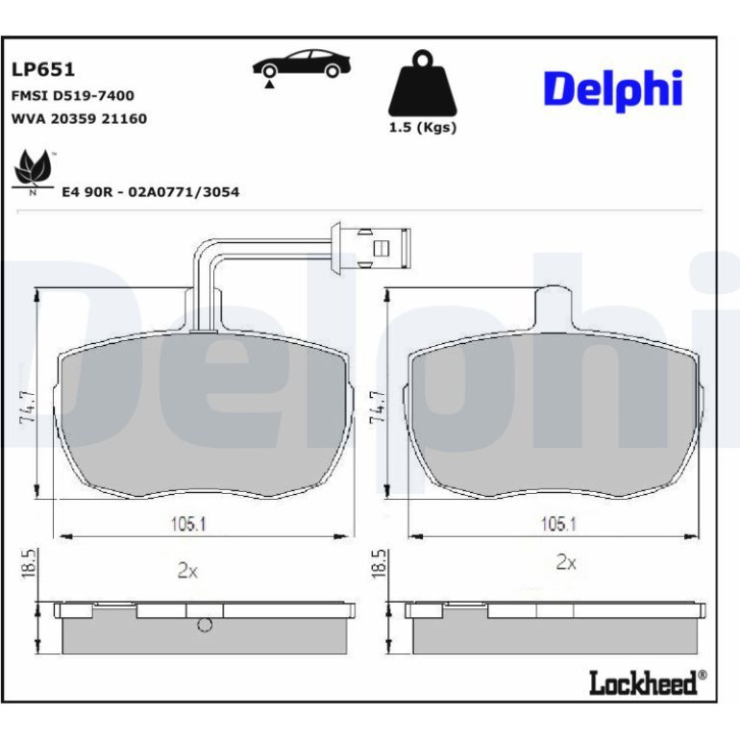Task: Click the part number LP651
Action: [43, 70]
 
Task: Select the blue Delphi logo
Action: [613, 89]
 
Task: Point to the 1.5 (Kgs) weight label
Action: [423, 128]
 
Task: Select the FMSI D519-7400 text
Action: [73, 96]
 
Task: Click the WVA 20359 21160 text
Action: [79, 118]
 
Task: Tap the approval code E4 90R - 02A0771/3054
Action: [151, 192]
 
